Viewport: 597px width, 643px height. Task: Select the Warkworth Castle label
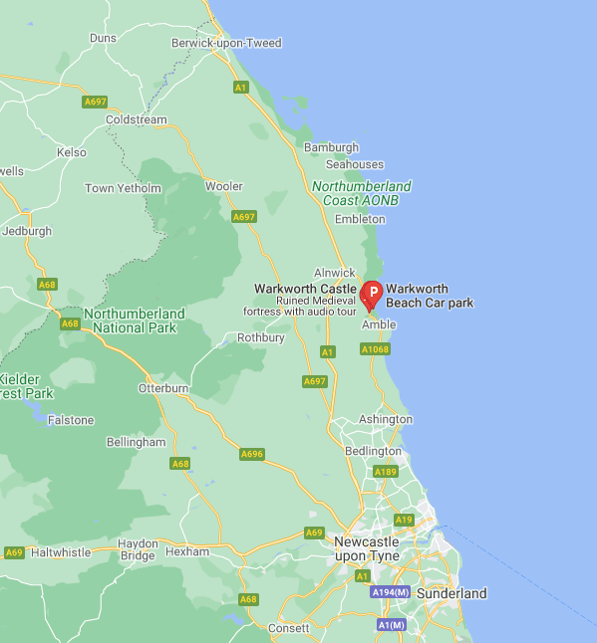coord(305,289)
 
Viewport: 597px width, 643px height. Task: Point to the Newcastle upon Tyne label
coord(367,548)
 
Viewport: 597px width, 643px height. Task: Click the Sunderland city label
coord(451,593)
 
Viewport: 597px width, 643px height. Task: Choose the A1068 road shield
coord(374,349)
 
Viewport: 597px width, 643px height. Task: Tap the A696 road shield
coord(252,454)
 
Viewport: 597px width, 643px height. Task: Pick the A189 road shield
coord(385,471)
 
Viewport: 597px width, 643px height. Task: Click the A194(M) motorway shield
coord(390,592)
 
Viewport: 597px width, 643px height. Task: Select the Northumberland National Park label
coord(134,320)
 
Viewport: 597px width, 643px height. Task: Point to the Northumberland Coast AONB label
coord(361,193)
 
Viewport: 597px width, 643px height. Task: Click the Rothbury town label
coord(260,337)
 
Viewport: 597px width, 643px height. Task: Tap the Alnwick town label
coord(334,273)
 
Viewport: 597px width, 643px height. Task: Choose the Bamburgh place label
coord(331,147)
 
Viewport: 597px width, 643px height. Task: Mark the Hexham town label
coord(187,550)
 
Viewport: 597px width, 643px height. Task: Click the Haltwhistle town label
coord(61,551)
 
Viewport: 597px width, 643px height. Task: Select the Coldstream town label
coord(137,119)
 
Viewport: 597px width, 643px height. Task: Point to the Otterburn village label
coord(163,388)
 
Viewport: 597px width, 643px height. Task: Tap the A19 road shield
coord(404,520)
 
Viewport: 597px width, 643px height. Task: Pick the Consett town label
coord(289,628)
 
